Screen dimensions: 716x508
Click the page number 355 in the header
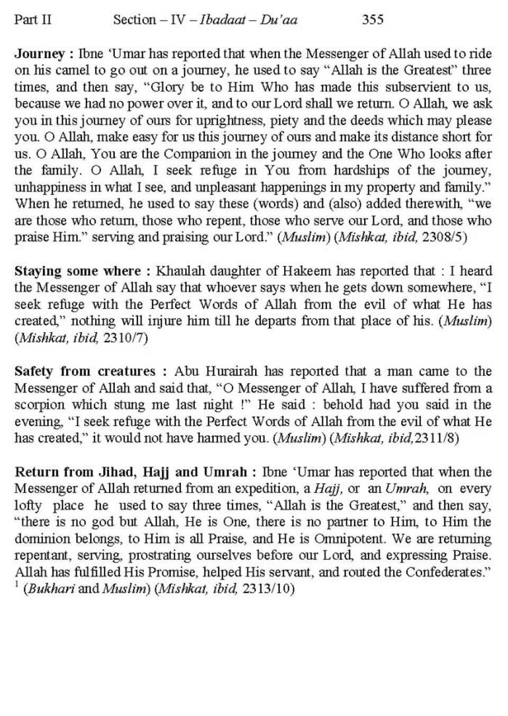[x=373, y=20]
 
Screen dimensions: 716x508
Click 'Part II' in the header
[x=33, y=20]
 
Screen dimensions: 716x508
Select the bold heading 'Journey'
[x=40, y=54]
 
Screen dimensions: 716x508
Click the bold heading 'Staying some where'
[x=78, y=271]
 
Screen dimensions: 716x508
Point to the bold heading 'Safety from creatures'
[x=85, y=371]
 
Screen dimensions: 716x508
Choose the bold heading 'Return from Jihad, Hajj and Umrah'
[x=130, y=472]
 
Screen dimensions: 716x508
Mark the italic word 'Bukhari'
[x=50, y=590]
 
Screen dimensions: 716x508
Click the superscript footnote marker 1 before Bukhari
[x=17, y=585]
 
